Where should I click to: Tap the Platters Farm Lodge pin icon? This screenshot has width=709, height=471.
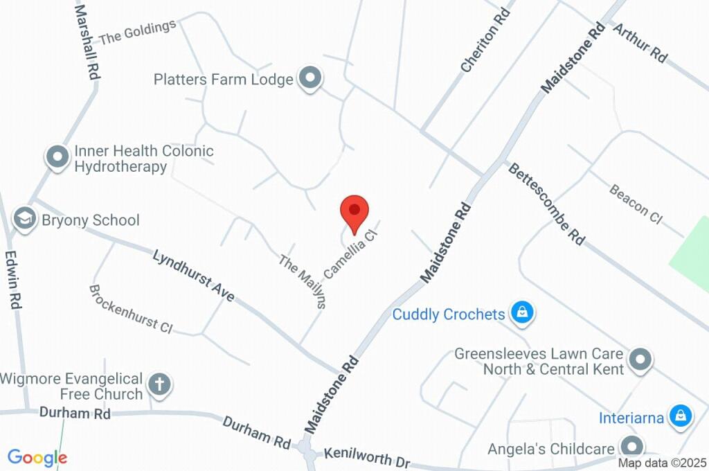coord(310,78)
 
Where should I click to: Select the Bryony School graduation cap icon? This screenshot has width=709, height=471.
coord(25,220)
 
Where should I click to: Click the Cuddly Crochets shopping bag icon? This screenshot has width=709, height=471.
coord(521,313)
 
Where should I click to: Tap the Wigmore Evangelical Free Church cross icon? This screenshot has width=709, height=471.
coord(160,384)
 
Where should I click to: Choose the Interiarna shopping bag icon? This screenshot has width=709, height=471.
coord(681,416)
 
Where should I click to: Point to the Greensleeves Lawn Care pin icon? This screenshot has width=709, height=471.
coord(641,359)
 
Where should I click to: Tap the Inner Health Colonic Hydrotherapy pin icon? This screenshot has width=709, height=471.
coord(57,157)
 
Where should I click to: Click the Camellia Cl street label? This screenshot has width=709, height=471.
coord(352,254)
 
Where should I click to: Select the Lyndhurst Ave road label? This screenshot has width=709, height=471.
coord(194,275)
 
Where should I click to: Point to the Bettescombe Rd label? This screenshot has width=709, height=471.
coord(546,204)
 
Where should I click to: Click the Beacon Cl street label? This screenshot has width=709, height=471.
coord(636,204)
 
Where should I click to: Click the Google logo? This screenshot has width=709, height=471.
coord(37,457)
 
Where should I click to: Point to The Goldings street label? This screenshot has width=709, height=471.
coord(137,33)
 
